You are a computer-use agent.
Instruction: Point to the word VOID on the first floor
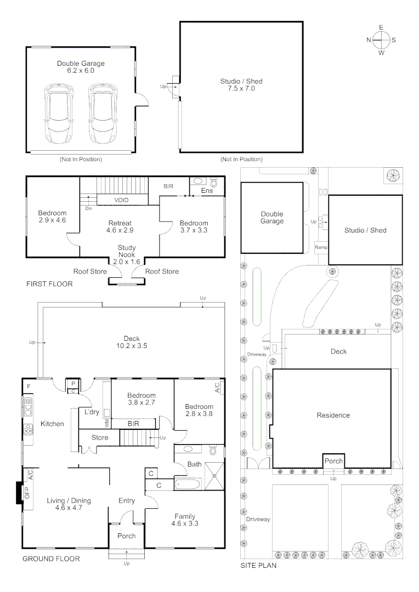[x=121, y=200]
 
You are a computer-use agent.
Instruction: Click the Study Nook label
[x=127, y=251]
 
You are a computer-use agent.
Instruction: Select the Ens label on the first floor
[x=207, y=191]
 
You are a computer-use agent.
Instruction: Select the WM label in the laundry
[x=107, y=424]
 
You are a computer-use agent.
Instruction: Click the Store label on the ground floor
[x=100, y=437]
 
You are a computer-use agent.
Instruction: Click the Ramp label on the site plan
[x=321, y=248]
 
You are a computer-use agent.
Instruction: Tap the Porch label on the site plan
[x=333, y=461]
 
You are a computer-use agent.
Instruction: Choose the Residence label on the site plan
[x=333, y=415]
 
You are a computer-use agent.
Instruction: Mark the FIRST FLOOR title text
[x=49, y=284]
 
